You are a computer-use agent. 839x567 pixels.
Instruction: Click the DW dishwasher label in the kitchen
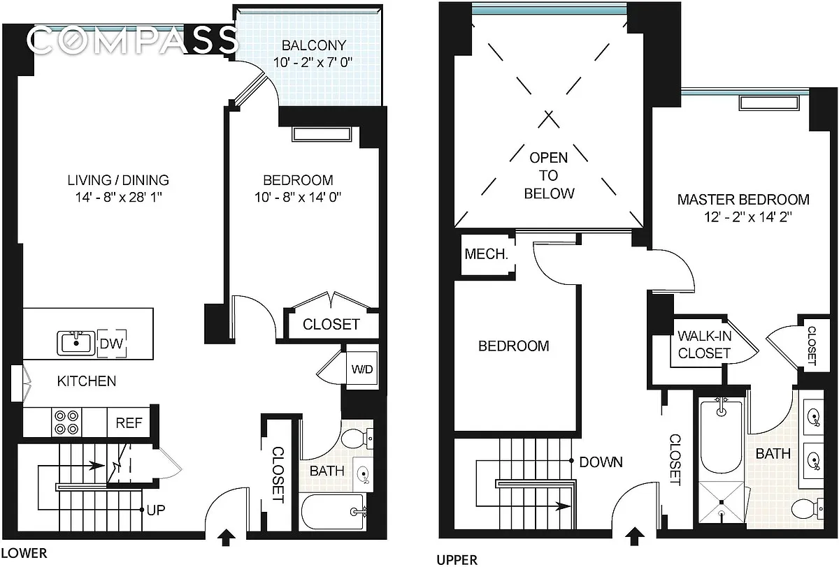(x=112, y=344)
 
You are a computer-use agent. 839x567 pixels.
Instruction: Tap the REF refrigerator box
(x=129, y=422)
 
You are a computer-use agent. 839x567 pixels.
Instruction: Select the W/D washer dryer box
(x=362, y=369)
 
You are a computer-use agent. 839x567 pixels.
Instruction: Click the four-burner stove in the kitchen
(x=66, y=422)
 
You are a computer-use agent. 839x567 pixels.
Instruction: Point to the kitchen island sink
(x=76, y=343)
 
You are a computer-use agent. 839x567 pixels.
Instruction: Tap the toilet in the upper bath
(x=807, y=508)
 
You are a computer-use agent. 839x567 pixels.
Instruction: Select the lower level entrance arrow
(x=227, y=538)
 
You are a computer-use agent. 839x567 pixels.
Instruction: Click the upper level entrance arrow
(x=634, y=536)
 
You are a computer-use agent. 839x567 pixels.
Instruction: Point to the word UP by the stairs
(x=156, y=510)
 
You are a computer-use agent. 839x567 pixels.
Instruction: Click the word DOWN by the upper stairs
(x=601, y=462)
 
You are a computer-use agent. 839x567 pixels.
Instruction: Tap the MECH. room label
(x=486, y=254)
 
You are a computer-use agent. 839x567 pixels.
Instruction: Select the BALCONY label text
(x=314, y=45)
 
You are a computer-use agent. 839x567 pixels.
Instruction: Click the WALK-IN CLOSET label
(x=704, y=344)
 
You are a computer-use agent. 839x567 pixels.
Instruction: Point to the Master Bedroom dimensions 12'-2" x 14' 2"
(x=748, y=217)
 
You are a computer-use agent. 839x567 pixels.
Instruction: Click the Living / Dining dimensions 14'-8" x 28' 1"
(x=118, y=197)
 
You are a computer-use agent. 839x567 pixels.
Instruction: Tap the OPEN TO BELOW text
(x=549, y=175)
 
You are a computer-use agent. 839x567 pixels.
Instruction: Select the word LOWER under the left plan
(x=24, y=553)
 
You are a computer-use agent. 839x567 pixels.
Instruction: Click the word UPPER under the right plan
(x=457, y=560)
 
